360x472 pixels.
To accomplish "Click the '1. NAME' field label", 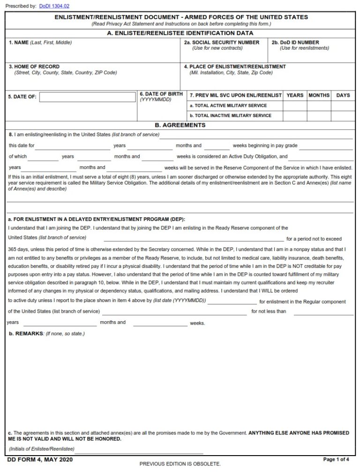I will pos(19,43).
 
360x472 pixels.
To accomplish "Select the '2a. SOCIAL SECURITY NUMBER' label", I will pos(221,43).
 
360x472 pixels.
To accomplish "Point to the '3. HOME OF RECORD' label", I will pos(34,67).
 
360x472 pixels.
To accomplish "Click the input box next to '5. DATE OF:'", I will pos(88,97).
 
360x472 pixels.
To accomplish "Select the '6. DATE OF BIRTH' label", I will pos(161,94).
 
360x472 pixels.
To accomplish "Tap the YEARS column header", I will pos(295,96).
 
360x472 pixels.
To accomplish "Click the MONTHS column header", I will pos(319,96).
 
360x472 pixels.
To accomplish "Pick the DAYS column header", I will pos(343,96).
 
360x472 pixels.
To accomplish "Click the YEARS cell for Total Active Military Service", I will pos(295,106).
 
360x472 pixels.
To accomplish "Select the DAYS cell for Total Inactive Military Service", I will pos(343,116).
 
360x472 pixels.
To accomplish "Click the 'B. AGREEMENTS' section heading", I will pos(180,125).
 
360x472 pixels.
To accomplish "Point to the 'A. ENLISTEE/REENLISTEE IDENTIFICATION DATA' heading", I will pos(180,33).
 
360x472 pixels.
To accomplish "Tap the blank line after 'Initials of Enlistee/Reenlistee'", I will pos(139,450).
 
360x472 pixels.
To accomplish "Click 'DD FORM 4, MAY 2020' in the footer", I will pos(40,460).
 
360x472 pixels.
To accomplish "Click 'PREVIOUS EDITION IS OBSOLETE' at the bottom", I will pos(180,464).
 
